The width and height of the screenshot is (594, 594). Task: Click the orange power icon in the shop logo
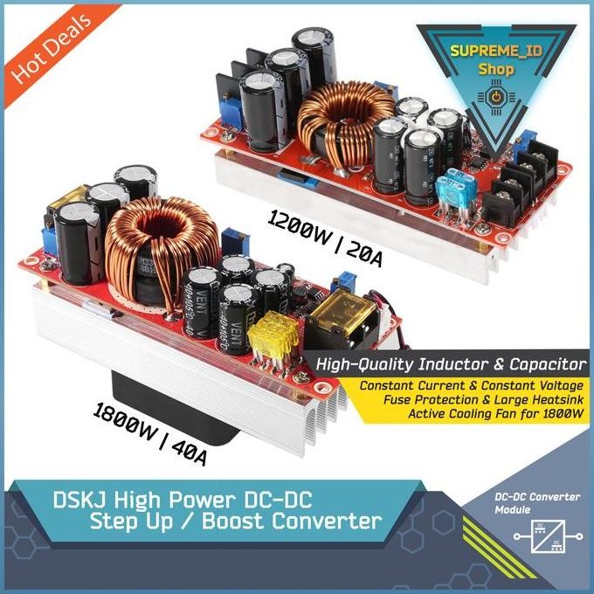(x=497, y=95)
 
